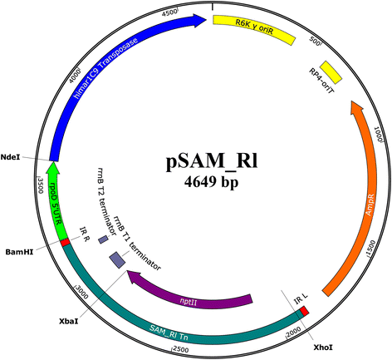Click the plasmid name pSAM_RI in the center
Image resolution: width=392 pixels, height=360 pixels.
(212, 161)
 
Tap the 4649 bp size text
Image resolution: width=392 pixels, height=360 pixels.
(211, 182)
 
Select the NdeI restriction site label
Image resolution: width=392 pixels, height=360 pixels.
(10, 157)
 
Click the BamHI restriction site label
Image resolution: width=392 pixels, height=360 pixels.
(19, 252)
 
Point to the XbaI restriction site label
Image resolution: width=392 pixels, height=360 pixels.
(69, 321)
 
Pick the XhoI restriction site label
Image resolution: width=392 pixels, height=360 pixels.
(323, 347)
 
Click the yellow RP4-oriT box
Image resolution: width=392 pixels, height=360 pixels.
(331, 72)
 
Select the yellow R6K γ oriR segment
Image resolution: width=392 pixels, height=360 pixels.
(253, 29)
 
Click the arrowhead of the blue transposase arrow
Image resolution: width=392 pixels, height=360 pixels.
(200, 21)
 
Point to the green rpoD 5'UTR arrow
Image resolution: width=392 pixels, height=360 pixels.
(56, 200)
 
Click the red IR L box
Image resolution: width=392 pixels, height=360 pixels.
(305, 311)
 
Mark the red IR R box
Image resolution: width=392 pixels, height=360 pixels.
(65, 242)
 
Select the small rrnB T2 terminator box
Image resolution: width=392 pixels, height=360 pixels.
(103, 239)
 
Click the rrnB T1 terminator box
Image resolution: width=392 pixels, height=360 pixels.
(117, 260)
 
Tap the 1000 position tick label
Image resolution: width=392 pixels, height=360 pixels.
(379, 135)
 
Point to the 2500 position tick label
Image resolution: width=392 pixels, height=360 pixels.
(180, 349)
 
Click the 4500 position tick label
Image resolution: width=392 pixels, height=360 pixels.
(169, 12)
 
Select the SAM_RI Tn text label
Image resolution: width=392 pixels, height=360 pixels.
(169, 333)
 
